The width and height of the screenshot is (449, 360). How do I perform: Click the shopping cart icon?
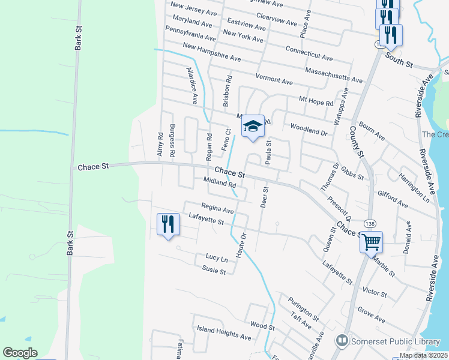[x=372, y=242]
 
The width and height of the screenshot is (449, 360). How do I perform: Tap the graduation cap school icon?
[x=253, y=127]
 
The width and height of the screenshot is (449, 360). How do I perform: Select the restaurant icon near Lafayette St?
[x=168, y=225]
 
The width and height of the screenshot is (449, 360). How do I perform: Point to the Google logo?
[x=20, y=353]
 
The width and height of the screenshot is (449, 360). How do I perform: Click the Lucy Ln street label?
[x=217, y=259]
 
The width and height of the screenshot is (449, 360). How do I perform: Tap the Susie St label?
[x=214, y=271]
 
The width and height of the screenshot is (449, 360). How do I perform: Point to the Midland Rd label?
[x=220, y=182]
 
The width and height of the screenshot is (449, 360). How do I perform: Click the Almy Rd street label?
[x=160, y=145]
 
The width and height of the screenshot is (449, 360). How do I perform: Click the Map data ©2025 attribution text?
[x=423, y=355]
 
